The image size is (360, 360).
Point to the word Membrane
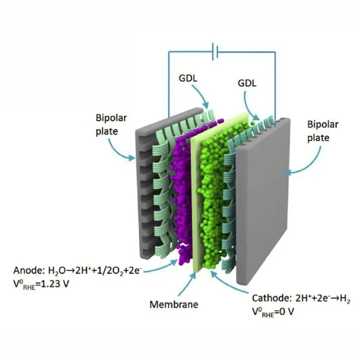173,304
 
